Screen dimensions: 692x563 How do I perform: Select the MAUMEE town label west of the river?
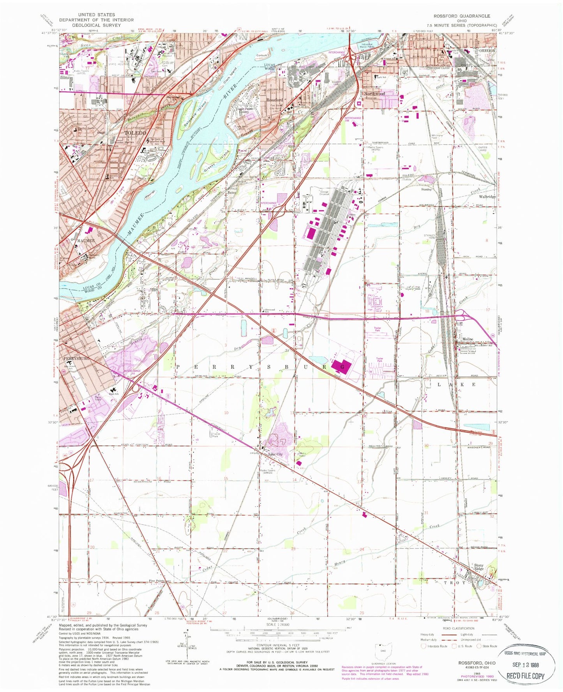(x=85, y=241)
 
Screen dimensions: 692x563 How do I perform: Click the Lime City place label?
(x=275, y=454)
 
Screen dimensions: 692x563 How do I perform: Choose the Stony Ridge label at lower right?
(x=479, y=566)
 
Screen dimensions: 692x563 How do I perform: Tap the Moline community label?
(x=467, y=339)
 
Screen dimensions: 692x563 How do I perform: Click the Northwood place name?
(x=374, y=94)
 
